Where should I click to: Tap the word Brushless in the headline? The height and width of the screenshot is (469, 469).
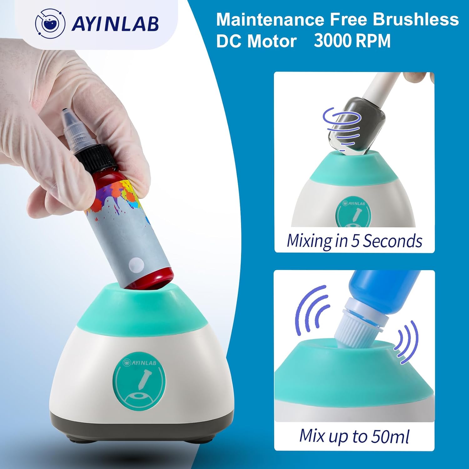click(x=416, y=19)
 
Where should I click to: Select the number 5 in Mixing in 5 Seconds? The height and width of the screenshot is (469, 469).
click(x=355, y=241)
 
